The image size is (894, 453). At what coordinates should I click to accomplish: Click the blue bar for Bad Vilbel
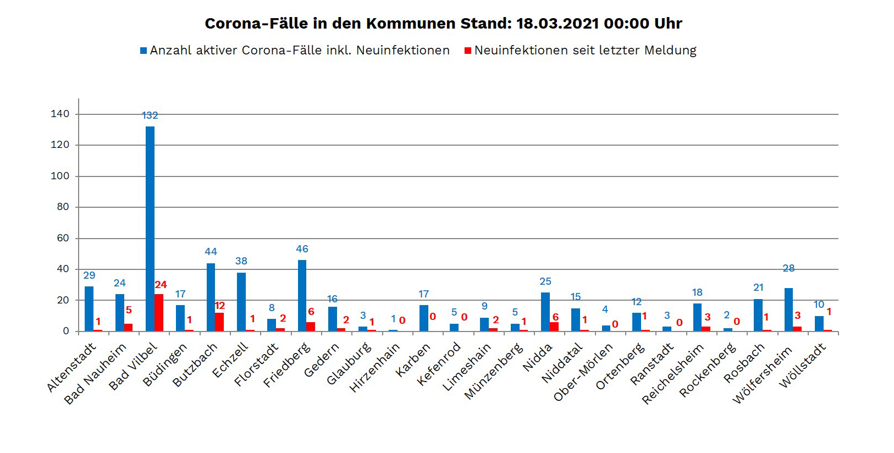point(150,228)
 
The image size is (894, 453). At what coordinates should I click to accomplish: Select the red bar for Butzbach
point(219,322)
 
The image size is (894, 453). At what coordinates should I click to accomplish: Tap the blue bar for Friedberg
point(302,295)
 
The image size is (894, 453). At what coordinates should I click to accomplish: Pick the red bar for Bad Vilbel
point(159,312)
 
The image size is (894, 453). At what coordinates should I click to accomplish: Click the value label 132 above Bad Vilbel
point(150,115)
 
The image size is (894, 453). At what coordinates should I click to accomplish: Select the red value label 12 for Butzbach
point(219,306)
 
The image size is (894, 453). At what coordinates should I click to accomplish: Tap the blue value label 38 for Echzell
point(241,261)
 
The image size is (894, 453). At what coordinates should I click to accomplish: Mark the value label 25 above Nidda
point(545,281)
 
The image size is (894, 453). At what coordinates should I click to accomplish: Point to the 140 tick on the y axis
point(60,114)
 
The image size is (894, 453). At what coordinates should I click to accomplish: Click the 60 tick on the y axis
point(63,238)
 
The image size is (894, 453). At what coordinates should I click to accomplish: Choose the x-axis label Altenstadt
point(71,367)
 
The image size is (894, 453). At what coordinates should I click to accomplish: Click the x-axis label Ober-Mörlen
point(583,373)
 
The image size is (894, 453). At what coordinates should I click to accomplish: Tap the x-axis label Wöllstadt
point(803,366)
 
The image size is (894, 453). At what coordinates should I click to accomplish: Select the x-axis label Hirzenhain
point(374,368)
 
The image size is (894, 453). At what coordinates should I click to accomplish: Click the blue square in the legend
point(144,51)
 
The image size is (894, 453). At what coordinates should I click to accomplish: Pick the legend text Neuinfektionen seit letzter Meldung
point(585,51)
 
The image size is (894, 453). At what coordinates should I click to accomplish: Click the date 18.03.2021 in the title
point(558,24)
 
